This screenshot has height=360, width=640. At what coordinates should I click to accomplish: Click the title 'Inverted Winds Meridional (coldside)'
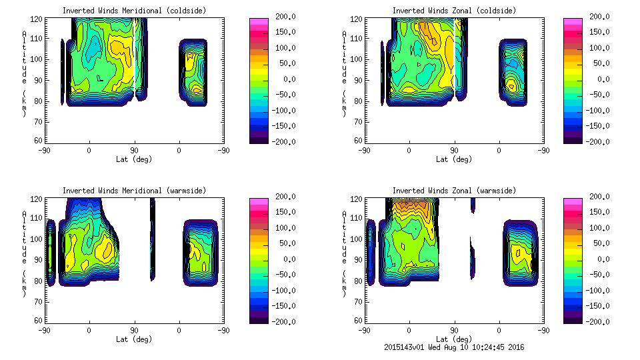tap(134, 11)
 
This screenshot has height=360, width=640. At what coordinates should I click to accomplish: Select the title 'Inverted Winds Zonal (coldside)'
tap(453, 11)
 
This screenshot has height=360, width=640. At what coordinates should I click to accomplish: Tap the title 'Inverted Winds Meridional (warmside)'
tap(134, 191)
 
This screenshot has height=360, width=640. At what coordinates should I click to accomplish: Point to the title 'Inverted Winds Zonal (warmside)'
tap(453, 191)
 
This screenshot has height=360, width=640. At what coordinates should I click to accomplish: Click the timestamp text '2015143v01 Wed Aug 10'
tap(433, 347)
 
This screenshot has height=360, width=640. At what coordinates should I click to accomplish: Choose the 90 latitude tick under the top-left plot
tap(134, 150)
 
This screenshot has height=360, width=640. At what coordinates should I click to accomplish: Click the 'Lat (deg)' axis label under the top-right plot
tap(453, 159)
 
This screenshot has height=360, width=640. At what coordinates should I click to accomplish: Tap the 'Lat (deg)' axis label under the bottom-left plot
tap(134, 339)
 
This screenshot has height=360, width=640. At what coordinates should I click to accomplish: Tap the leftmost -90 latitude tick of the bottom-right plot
tap(364, 330)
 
